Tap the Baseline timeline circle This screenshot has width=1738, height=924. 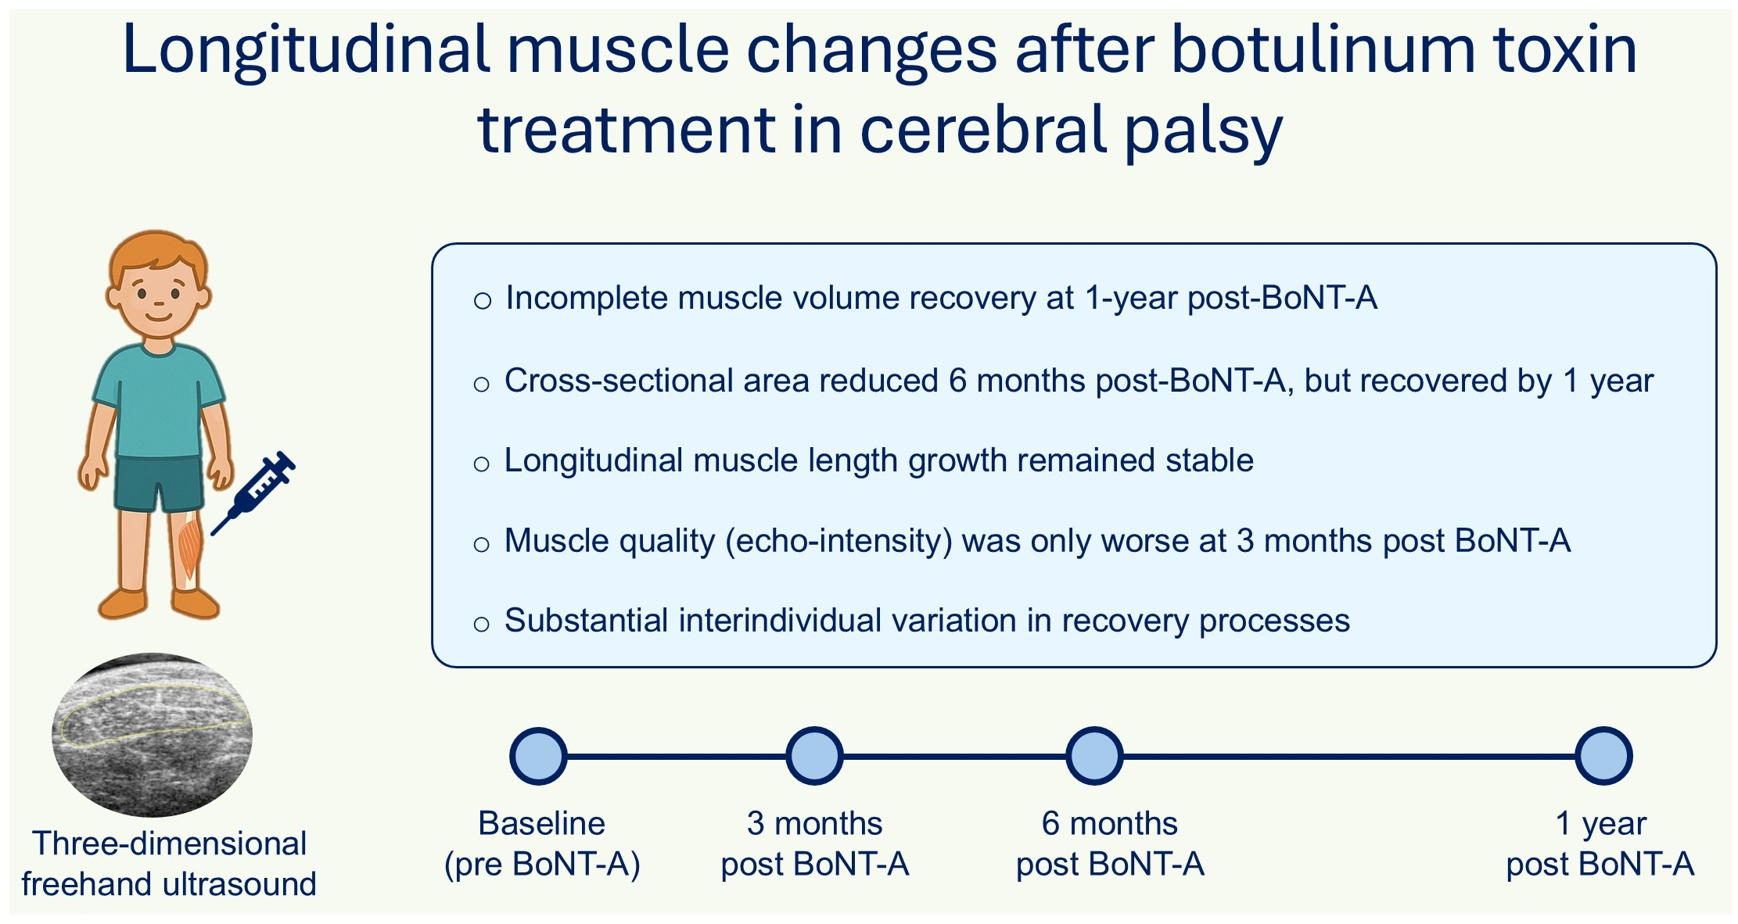pos(538,756)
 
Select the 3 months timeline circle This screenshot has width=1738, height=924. pos(814,756)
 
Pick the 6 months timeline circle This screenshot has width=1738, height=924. pos(1094,756)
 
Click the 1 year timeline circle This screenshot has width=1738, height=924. pos(1603,756)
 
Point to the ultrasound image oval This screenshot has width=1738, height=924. pos(152,734)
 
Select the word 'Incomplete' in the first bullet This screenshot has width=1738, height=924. pos(586,298)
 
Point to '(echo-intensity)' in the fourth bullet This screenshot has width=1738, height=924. pos(838,541)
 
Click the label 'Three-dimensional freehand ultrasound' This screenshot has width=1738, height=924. pos(169,864)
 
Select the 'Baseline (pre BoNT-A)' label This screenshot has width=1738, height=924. pos(542,843)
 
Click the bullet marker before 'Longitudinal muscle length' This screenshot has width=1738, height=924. pos(482,464)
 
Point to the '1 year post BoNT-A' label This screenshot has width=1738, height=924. pos(1600,843)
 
